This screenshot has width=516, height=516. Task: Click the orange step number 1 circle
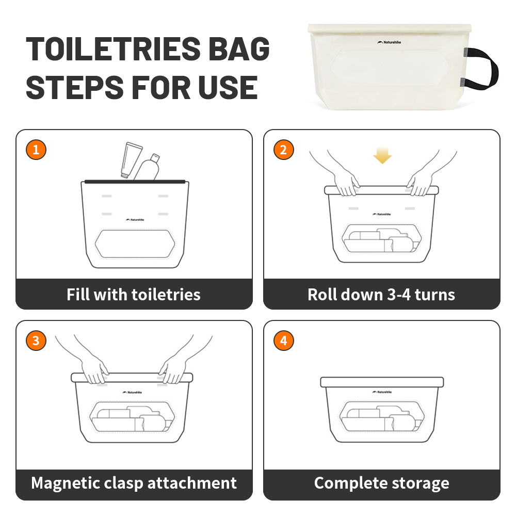[36, 150]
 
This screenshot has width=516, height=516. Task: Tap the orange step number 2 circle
[283, 150]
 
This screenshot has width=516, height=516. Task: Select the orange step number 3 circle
[36, 341]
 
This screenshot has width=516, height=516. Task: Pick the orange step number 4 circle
[283, 341]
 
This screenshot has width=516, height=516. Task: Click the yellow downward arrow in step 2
[382, 155]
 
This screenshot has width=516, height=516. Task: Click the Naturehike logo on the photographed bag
[389, 42]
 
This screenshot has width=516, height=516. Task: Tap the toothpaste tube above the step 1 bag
[131, 160]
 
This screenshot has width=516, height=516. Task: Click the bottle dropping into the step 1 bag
[148, 167]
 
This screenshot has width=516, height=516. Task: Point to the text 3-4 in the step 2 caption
[399, 295]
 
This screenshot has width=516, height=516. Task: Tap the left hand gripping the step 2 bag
[344, 183]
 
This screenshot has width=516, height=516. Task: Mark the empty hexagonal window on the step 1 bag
[135, 244]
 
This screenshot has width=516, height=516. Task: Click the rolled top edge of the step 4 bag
[382, 382]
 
